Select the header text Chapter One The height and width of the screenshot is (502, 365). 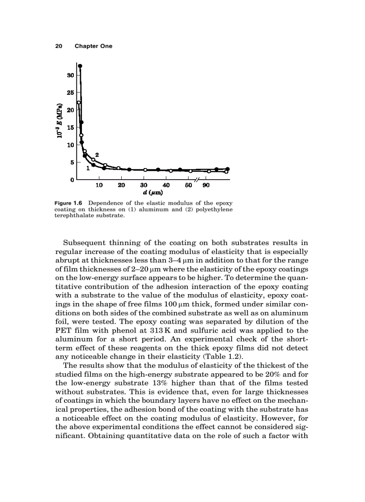[93, 46]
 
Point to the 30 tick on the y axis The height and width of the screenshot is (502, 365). [70, 76]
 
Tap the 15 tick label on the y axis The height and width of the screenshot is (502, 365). [70, 127]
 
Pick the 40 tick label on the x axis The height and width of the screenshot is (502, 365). [166, 185]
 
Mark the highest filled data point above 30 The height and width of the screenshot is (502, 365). [80, 66]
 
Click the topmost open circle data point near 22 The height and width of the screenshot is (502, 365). [79, 103]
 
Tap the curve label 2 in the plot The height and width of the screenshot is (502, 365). [97, 155]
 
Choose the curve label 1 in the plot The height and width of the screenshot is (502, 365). [88, 169]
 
